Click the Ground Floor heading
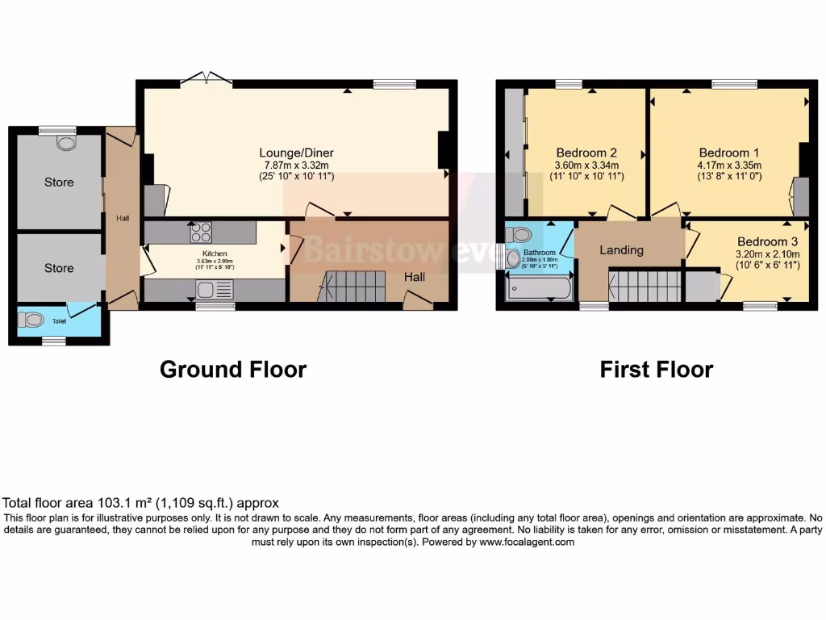(x=232, y=370)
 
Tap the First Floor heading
(x=656, y=370)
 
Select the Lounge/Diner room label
(x=296, y=153)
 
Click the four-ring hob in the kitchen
(x=201, y=232)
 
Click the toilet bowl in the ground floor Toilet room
(x=33, y=320)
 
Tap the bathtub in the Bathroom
(x=539, y=288)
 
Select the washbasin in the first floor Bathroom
(x=512, y=258)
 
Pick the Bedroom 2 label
(x=586, y=153)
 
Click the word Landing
(x=621, y=249)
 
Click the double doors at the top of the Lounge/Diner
(x=206, y=78)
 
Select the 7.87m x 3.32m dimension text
(x=296, y=165)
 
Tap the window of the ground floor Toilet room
(x=54, y=341)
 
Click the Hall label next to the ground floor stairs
(x=415, y=277)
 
